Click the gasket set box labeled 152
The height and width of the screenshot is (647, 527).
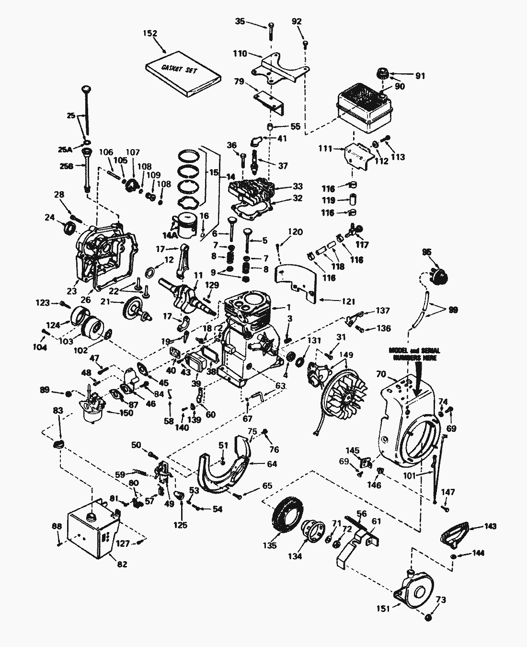183,73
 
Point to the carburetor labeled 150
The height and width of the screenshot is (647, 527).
92,407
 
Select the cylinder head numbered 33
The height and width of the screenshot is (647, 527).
253,191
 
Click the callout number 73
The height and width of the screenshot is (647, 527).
441,600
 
